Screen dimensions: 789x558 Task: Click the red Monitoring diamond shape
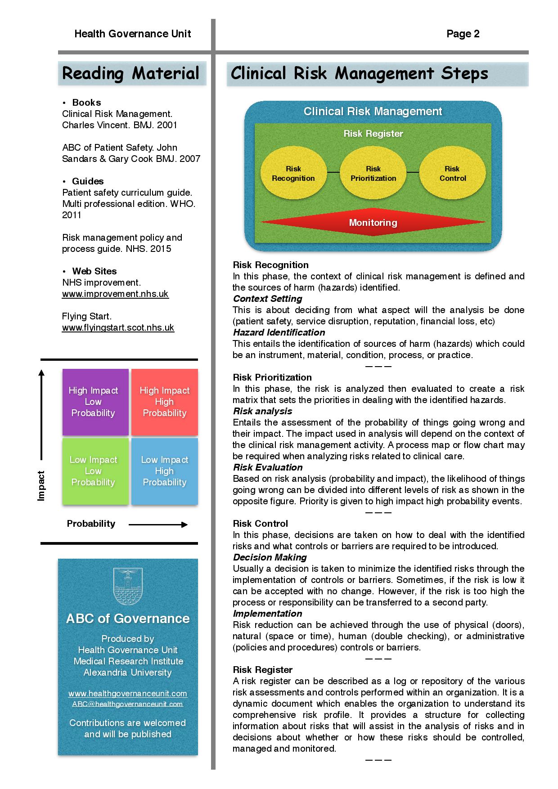tap(373, 222)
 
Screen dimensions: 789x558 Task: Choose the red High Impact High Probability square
tap(165, 402)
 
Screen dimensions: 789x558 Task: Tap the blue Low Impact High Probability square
tap(165, 471)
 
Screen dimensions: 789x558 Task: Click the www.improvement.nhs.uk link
tap(115, 294)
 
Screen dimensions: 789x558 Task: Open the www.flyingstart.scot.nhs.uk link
tap(118, 327)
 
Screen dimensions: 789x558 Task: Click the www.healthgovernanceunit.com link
tap(128, 694)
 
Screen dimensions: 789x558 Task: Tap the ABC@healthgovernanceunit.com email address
tap(128, 704)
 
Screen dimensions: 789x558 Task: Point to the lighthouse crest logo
tap(128, 586)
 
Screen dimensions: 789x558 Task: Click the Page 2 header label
tap(463, 34)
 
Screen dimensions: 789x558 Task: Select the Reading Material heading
tap(130, 73)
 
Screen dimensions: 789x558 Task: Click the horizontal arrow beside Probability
tap(158, 524)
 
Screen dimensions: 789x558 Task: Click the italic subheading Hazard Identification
tap(279, 332)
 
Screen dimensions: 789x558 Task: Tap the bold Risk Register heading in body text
tap(263, 670)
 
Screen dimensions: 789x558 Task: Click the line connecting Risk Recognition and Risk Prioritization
tap(333, 172)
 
